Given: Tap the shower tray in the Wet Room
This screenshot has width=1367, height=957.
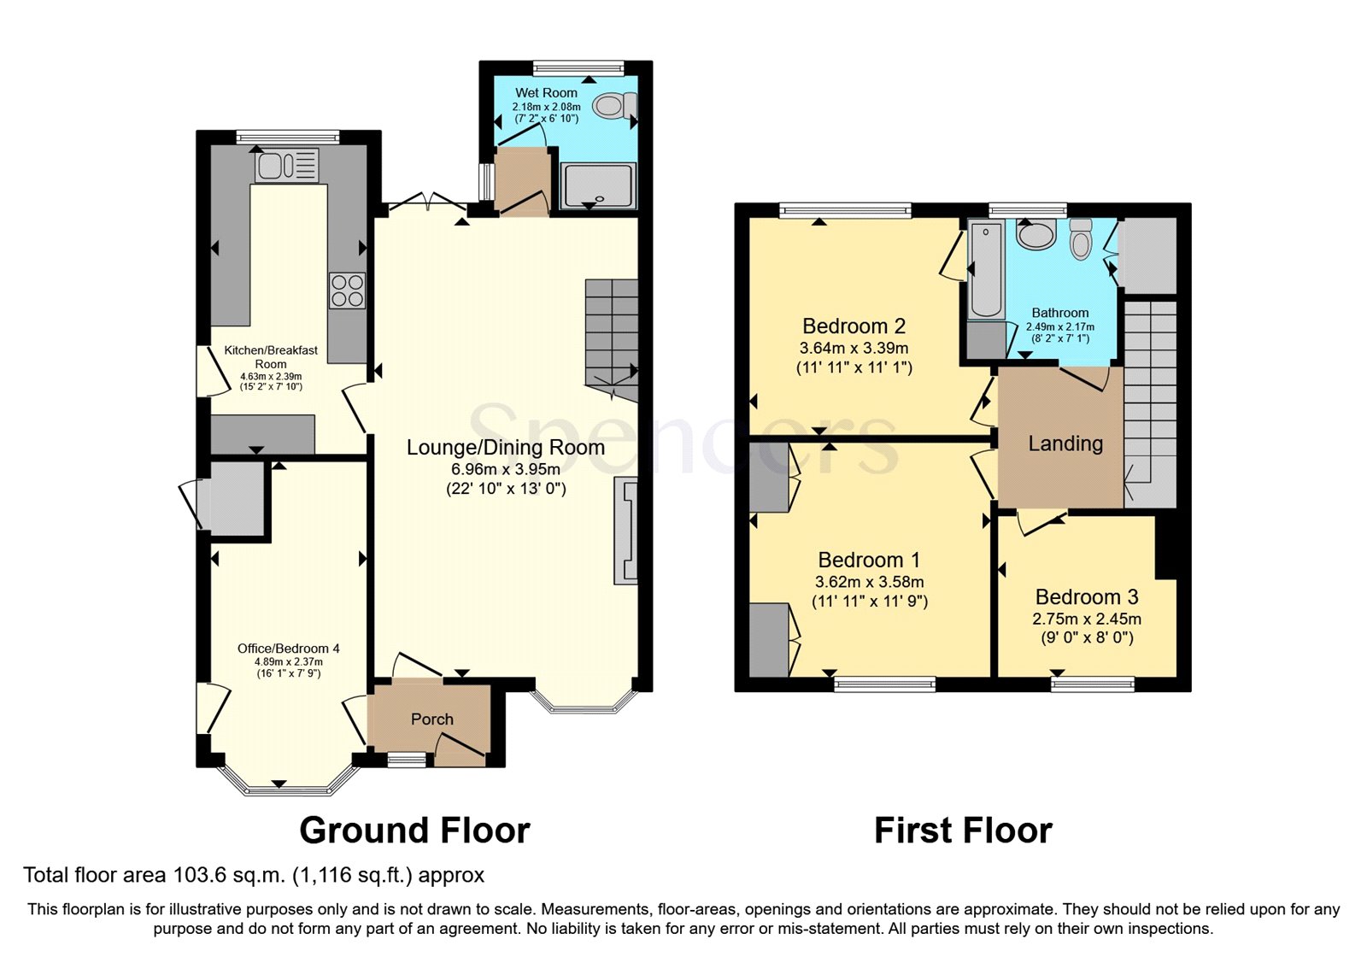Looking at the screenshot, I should [x=599, y=185].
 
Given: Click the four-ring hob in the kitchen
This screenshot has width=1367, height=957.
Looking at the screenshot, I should [x=347, y=291].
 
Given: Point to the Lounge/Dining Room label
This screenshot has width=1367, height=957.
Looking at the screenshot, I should [x=505, y=448].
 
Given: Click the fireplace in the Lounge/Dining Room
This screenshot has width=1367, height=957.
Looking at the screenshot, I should [x=626, y=531].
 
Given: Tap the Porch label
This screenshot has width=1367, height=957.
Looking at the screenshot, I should [x=431, y=719].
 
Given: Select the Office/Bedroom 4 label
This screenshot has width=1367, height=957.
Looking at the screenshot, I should [x=288, y=649].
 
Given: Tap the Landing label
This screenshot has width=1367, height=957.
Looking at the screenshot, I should [x=1065, y=443].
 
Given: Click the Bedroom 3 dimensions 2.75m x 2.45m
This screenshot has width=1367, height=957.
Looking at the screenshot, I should [x=1086, y=619].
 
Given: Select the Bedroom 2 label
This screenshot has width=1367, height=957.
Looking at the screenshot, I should [x=854, y=326].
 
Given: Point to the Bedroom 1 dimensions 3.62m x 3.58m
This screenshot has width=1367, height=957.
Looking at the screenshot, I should [x=869, y=582].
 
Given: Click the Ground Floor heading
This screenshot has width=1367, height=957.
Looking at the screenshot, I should [x=414, y=831].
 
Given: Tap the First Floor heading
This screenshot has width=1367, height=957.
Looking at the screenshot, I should [x=963, y=831].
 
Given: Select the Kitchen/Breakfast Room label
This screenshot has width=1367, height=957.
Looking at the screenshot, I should [x=270, y=356].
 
